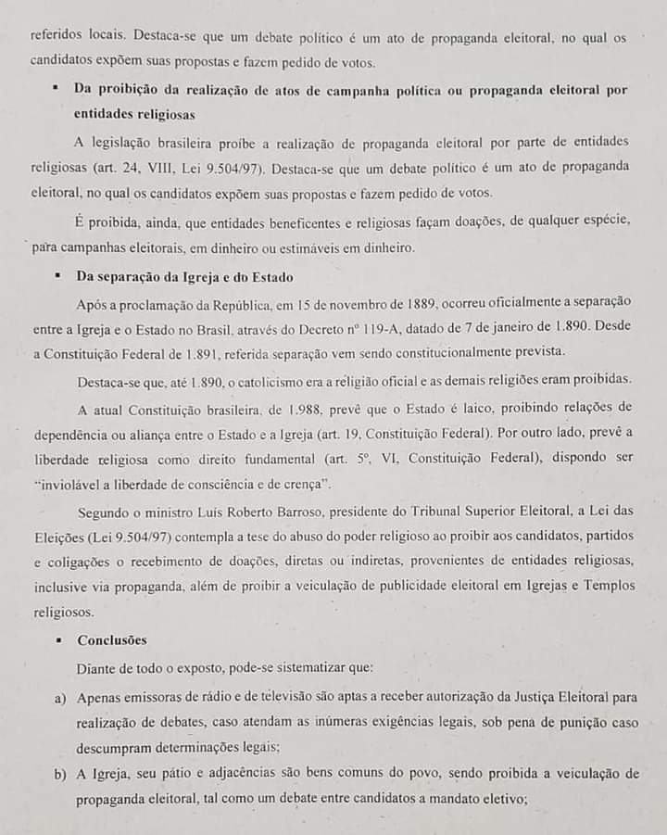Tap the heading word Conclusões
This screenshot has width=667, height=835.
click(112, 640)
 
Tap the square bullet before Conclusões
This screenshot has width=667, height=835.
click(57, 640)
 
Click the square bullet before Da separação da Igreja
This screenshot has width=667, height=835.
click(57, 277)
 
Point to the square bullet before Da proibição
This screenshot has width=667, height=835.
click(57, 90)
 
